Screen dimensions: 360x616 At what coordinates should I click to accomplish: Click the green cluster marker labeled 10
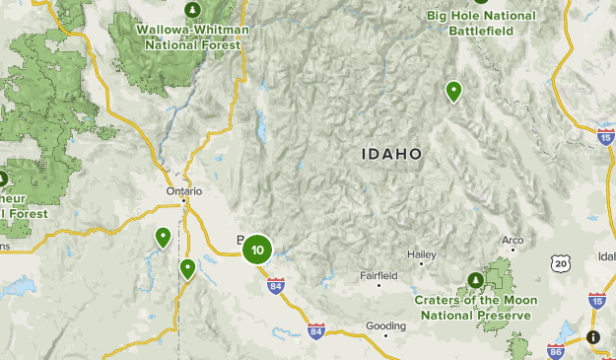pyautogui.click(x=257, y=250)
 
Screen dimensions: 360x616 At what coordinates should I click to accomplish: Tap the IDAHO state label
pyautogui.click(x=391, y=154)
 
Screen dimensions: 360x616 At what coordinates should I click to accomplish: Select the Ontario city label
pyautogui.click(x=183, y=191)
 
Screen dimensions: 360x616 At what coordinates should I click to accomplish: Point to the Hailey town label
pyautogui.click(x=421, y=254)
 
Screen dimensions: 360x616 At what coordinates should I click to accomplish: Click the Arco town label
pyautogui.click(x=512, y=240)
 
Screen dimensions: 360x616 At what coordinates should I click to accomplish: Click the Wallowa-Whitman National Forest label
pyautogui.click(x=191, y=36)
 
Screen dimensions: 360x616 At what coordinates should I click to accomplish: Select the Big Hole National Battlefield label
pyautogui.click(x=482, y=22)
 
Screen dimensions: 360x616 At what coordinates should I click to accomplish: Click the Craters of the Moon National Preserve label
pyautogui.click(x=472, y=307)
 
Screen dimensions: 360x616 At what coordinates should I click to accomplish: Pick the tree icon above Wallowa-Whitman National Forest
pyautogui.click(x=191, y=9)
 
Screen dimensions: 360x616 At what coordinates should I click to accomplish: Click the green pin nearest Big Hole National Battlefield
pyautogui.click(x=453, y=91)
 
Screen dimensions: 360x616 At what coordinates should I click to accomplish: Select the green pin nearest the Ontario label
pyautogui.click(x=163, y=237)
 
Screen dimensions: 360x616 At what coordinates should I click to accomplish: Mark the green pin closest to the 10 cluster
pyautogui.click(x=187, y=267)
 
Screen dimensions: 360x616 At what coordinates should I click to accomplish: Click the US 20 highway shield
pyautogui.click(x=560, y=263)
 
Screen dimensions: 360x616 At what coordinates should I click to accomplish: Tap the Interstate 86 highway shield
pyautogui.click(x=556, y=350)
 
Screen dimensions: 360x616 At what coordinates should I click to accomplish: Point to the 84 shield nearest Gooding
pyautogui.click(x=315, y=331)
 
